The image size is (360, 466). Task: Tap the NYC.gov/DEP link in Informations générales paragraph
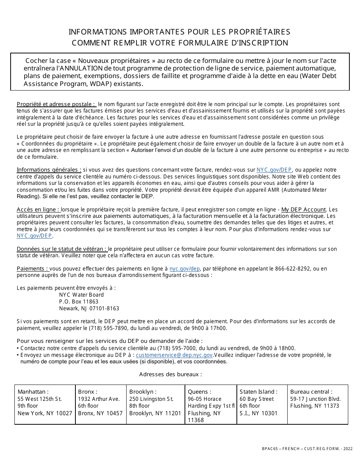pos(274,170)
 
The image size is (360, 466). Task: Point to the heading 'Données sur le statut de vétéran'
pos(62,249)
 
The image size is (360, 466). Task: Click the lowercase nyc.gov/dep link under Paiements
pos(185,269)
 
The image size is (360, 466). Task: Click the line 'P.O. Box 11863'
pos(78,302)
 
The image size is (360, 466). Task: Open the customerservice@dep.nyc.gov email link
pos(174,355)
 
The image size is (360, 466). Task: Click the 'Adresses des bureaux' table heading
pos(171,374)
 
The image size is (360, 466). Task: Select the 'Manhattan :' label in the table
pos(33,392)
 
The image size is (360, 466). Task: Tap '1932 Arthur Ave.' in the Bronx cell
pos(99,399)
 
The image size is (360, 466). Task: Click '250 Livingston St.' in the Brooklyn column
pos(151,399)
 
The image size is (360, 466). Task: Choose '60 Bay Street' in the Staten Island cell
pos(256,399)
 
